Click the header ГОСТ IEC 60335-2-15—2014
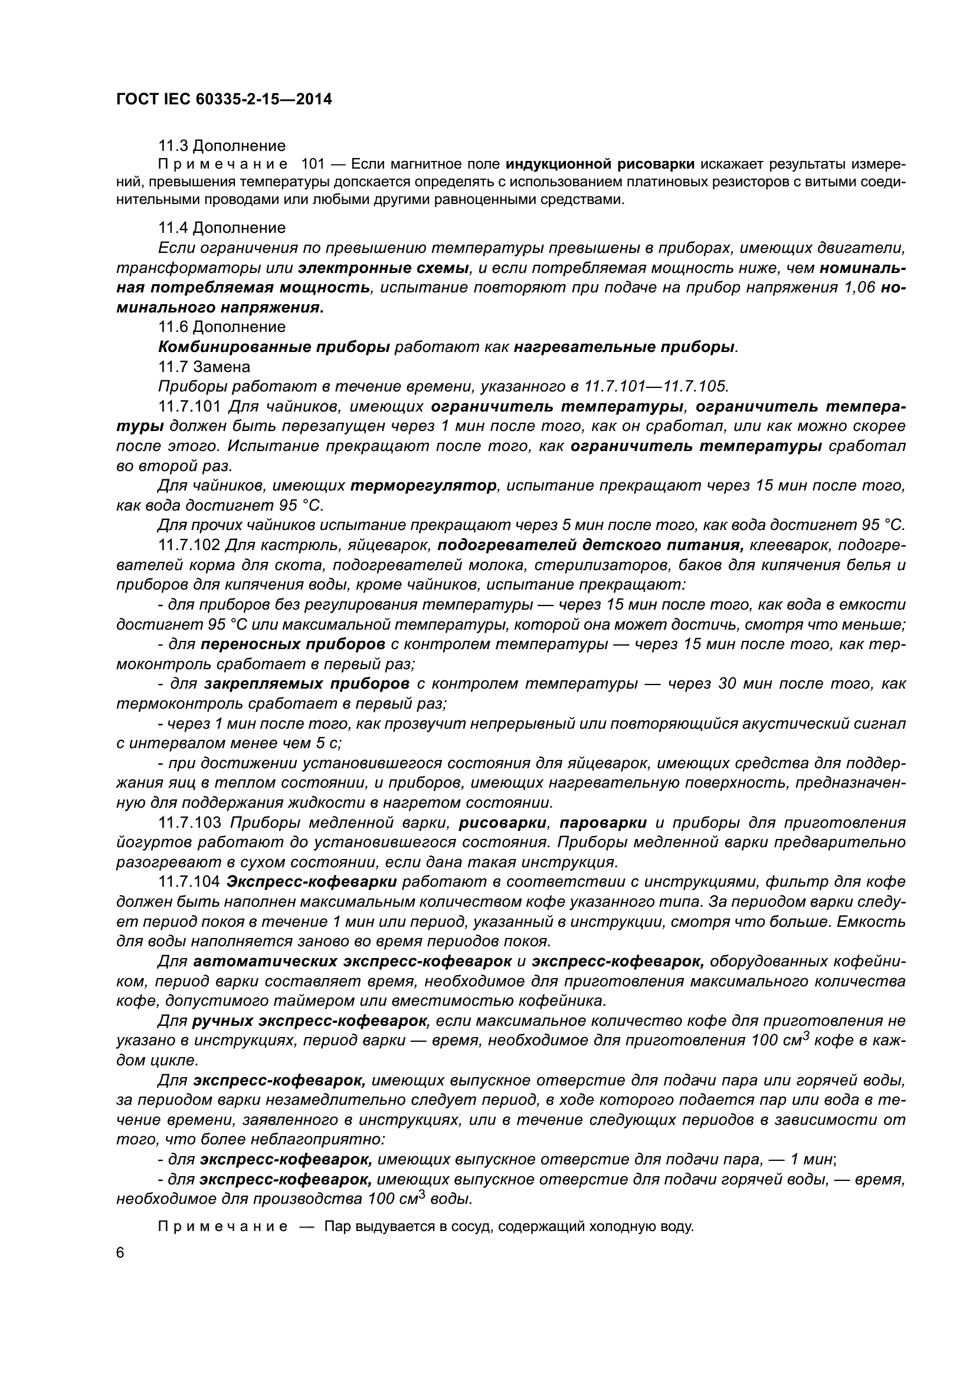point(224,99)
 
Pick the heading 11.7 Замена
point(204,366)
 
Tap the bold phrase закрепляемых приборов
point(306,684)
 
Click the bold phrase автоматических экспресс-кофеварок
point(352,962)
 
